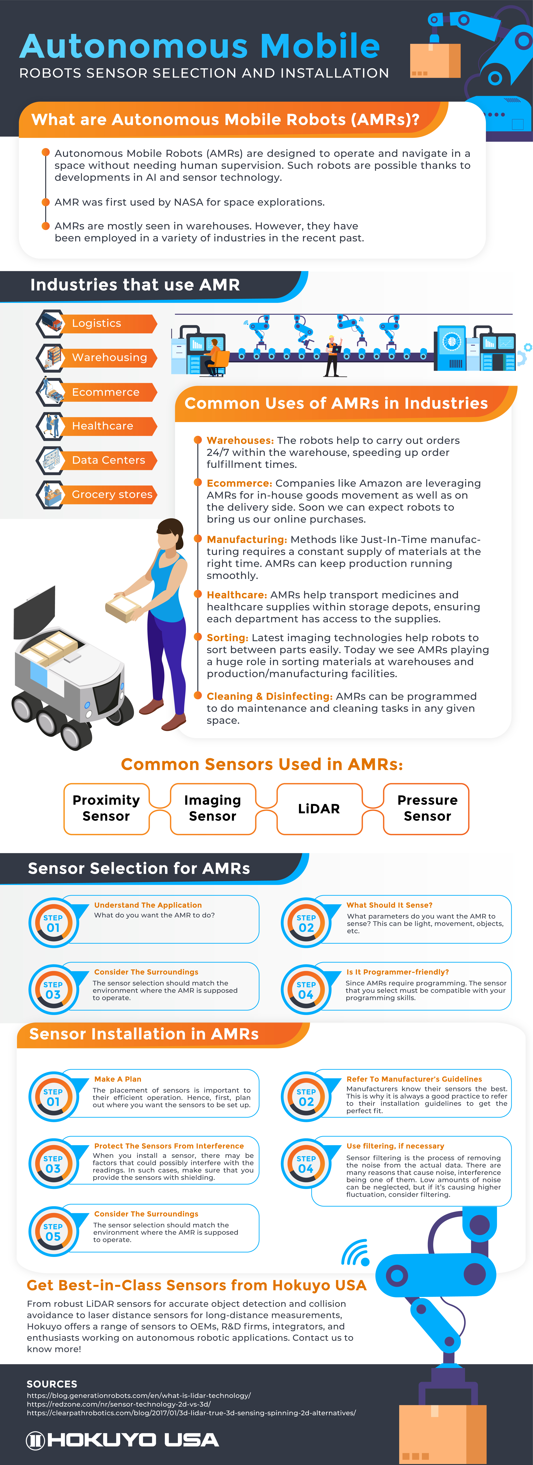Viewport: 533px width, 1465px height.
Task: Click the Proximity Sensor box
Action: tap(106, 808)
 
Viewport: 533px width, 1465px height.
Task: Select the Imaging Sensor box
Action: tap(213, 808)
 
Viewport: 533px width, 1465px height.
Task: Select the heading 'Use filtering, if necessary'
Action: tap(395, 1146)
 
